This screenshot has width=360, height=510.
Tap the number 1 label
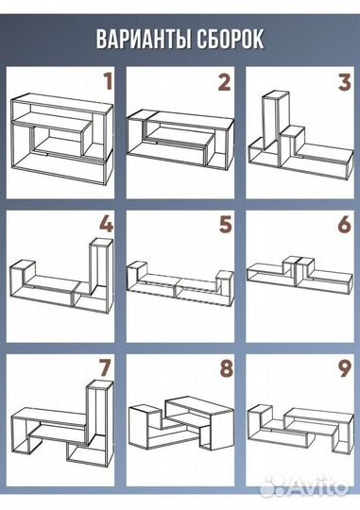108,81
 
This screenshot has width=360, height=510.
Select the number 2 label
224,81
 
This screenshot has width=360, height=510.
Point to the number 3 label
345,81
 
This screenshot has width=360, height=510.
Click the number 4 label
106,224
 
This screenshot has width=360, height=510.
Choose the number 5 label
225,225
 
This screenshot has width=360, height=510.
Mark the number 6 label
344,225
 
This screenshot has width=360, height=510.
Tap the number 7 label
105,368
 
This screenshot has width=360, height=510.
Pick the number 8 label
226,368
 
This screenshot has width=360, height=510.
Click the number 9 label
344,368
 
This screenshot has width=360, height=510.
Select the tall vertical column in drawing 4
101,266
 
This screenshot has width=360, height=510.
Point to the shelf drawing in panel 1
61,140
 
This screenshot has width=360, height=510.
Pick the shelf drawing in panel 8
181,423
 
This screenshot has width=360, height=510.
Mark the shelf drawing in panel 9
300,428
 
